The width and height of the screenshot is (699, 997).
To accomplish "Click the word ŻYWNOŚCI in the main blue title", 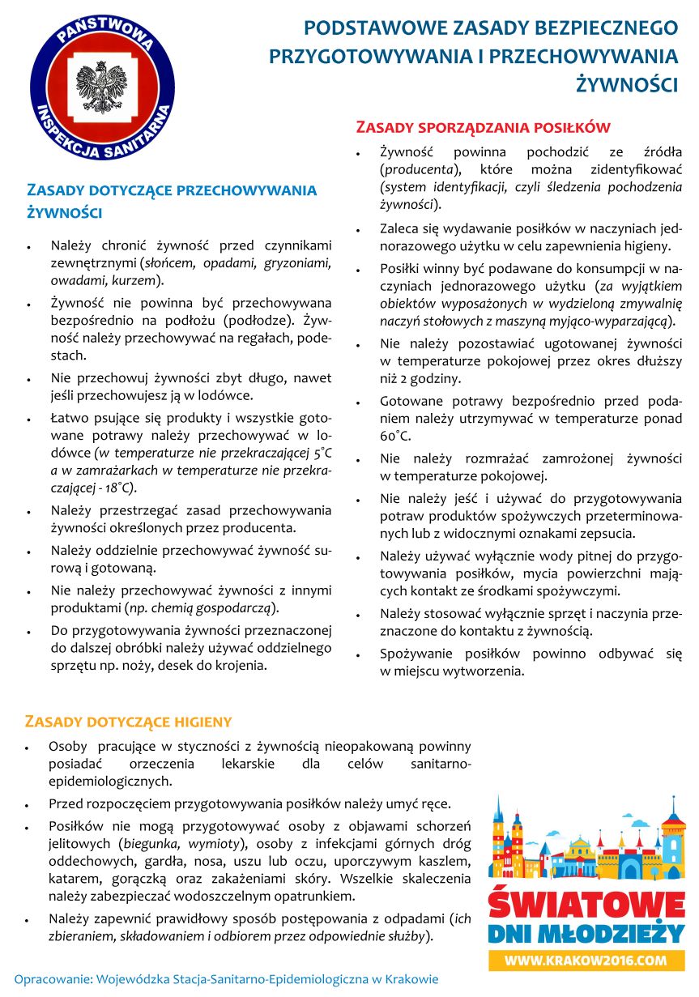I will coord(627,83).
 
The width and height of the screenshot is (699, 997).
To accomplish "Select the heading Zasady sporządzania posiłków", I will coord(483,127).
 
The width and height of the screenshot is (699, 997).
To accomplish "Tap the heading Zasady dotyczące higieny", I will coord(129,722).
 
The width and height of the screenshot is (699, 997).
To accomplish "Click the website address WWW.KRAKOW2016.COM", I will coord(586,961).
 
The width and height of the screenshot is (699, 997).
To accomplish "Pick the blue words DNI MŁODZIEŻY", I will coord(586,934).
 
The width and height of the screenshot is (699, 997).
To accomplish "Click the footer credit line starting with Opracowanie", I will coord(226,978).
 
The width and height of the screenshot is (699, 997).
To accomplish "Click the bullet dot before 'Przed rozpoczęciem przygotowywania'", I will coord(28,805).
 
